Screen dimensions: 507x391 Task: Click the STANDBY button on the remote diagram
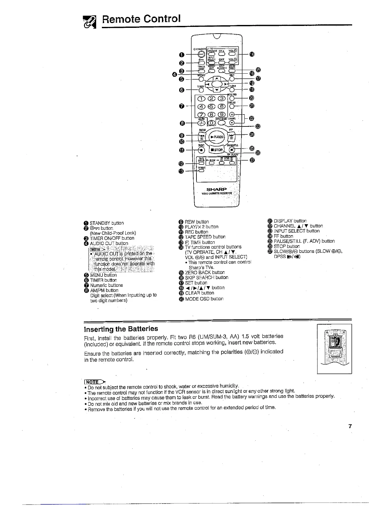tap(201, 54)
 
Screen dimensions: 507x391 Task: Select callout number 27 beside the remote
tap(252, 160)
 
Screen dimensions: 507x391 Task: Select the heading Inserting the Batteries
tap(121, 329)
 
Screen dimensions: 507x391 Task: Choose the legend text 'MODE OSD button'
tap(204, 299)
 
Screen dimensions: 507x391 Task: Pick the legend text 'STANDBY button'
tap(107, 223)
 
